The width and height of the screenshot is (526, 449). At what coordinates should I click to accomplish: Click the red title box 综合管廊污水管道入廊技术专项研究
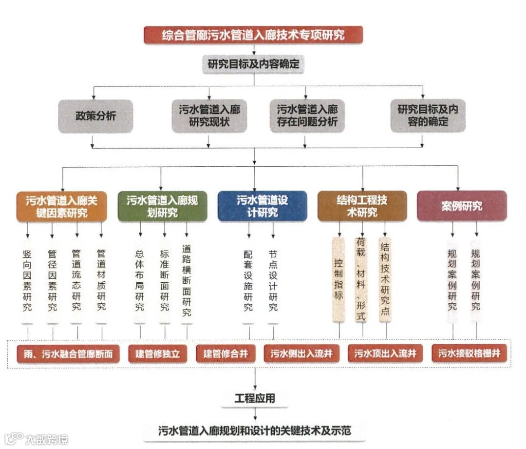coord(253,35)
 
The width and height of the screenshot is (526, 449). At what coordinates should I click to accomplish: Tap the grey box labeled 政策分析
coord(95,116)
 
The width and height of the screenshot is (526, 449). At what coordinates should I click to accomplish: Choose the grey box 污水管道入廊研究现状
coord(209,116)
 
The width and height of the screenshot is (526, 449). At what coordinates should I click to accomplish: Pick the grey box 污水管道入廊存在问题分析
coord(307,116)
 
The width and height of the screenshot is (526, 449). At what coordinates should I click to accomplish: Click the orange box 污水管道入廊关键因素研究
coord(61,206)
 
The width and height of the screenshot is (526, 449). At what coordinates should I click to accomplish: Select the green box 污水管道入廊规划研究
coord(162,206)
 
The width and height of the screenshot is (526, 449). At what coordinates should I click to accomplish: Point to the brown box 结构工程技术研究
coord(362,206)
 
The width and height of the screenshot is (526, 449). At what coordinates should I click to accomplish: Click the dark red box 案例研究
coord(462,206)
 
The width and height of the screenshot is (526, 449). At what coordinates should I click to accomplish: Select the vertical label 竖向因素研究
coord(27,280)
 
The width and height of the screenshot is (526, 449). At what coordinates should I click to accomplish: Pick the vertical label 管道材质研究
coord(101,280)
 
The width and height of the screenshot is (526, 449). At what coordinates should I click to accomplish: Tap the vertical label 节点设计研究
coord(273,280)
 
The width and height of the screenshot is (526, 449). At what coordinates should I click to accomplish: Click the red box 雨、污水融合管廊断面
coord(68,354)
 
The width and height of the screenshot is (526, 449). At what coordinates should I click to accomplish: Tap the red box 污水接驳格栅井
coord(469,353)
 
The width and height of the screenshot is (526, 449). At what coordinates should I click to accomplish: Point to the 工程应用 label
coord(254,398)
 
